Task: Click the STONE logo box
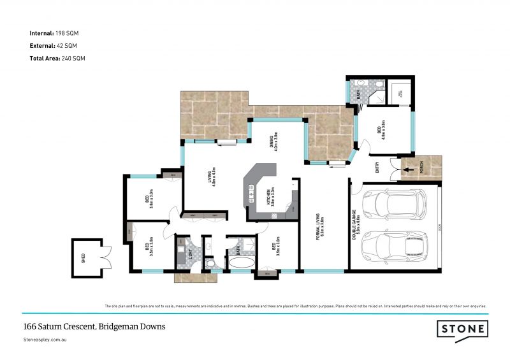point(463,329)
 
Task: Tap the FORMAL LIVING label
point(323,227)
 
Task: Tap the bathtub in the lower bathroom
point(242,262)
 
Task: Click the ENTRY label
point(377,168)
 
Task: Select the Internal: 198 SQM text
point(54,32)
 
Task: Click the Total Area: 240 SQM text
point(57,58)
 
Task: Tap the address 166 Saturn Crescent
point(94,326)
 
